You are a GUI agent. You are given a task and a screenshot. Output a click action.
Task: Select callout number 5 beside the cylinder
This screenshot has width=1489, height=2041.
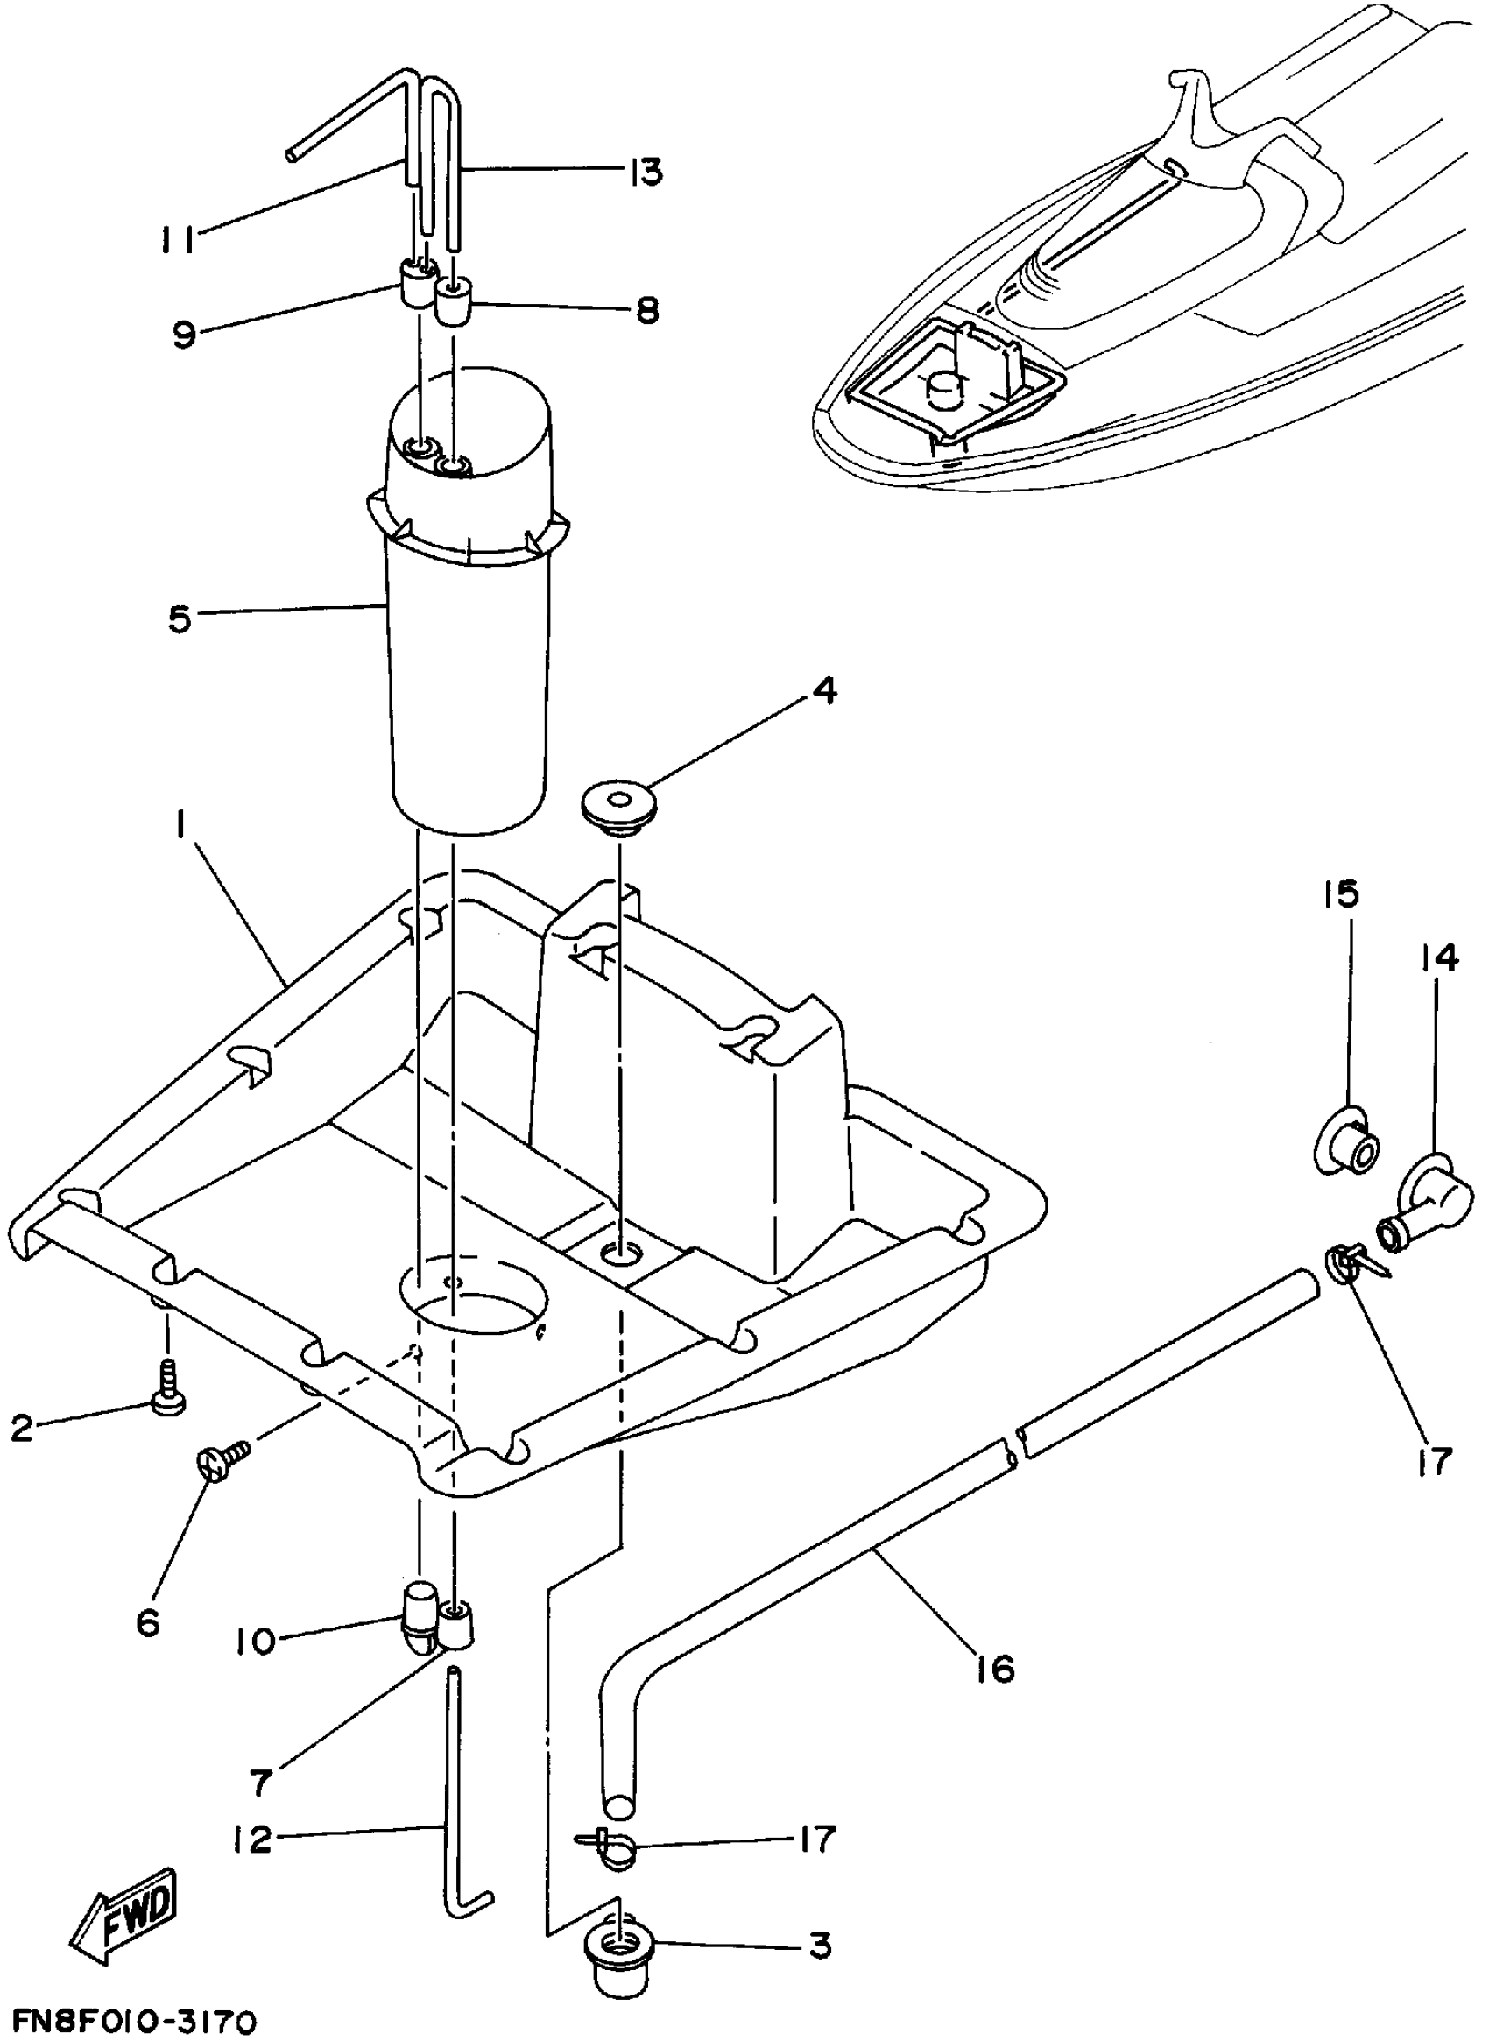pos(180,619)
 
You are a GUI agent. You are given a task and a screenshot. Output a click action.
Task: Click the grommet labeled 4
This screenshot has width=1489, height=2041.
pos(618,803)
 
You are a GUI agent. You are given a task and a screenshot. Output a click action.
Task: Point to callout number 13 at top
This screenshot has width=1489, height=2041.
pos(645,171)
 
